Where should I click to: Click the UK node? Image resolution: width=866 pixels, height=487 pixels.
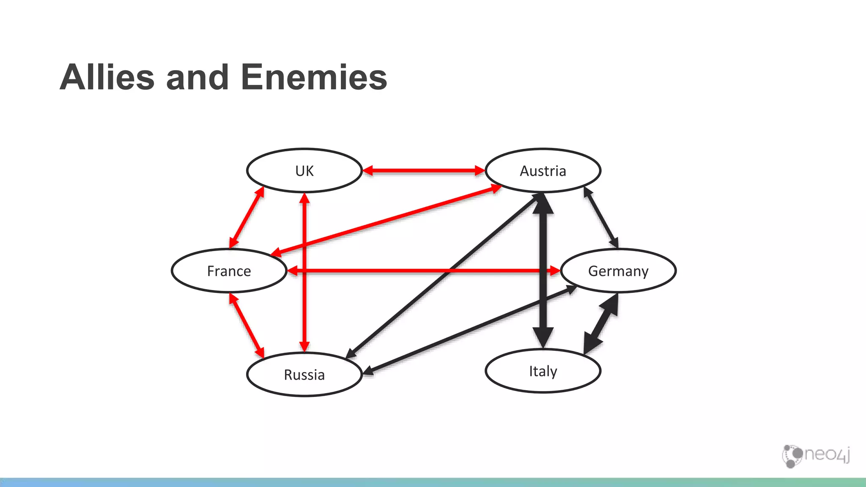click(304, 171)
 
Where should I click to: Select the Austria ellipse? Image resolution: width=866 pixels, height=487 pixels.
click(543, 171)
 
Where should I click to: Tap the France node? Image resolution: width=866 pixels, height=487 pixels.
click(229, 271)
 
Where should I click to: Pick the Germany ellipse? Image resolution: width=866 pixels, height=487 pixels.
click(618, 271)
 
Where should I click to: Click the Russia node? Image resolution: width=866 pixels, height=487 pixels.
click(304, 375)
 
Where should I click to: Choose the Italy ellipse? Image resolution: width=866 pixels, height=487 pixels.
click(543, 371)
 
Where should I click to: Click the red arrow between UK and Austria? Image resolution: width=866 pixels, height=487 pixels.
click(424, 171)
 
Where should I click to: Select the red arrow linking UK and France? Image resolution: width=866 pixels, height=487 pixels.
click(247, 217)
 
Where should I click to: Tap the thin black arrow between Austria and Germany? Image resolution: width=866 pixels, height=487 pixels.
click(601, 217)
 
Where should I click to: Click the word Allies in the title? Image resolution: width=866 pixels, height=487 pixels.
click(107, 77)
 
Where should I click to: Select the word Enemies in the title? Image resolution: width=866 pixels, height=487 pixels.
click(314, 77)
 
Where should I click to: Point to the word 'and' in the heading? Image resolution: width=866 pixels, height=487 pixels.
click(197, 77)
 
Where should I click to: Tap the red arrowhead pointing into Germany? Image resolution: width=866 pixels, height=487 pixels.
click(555, 271)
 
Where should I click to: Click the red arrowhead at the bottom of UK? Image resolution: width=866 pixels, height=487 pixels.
click(304, 198)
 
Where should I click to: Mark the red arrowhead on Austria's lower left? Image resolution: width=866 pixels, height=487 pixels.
click(495, 189)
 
